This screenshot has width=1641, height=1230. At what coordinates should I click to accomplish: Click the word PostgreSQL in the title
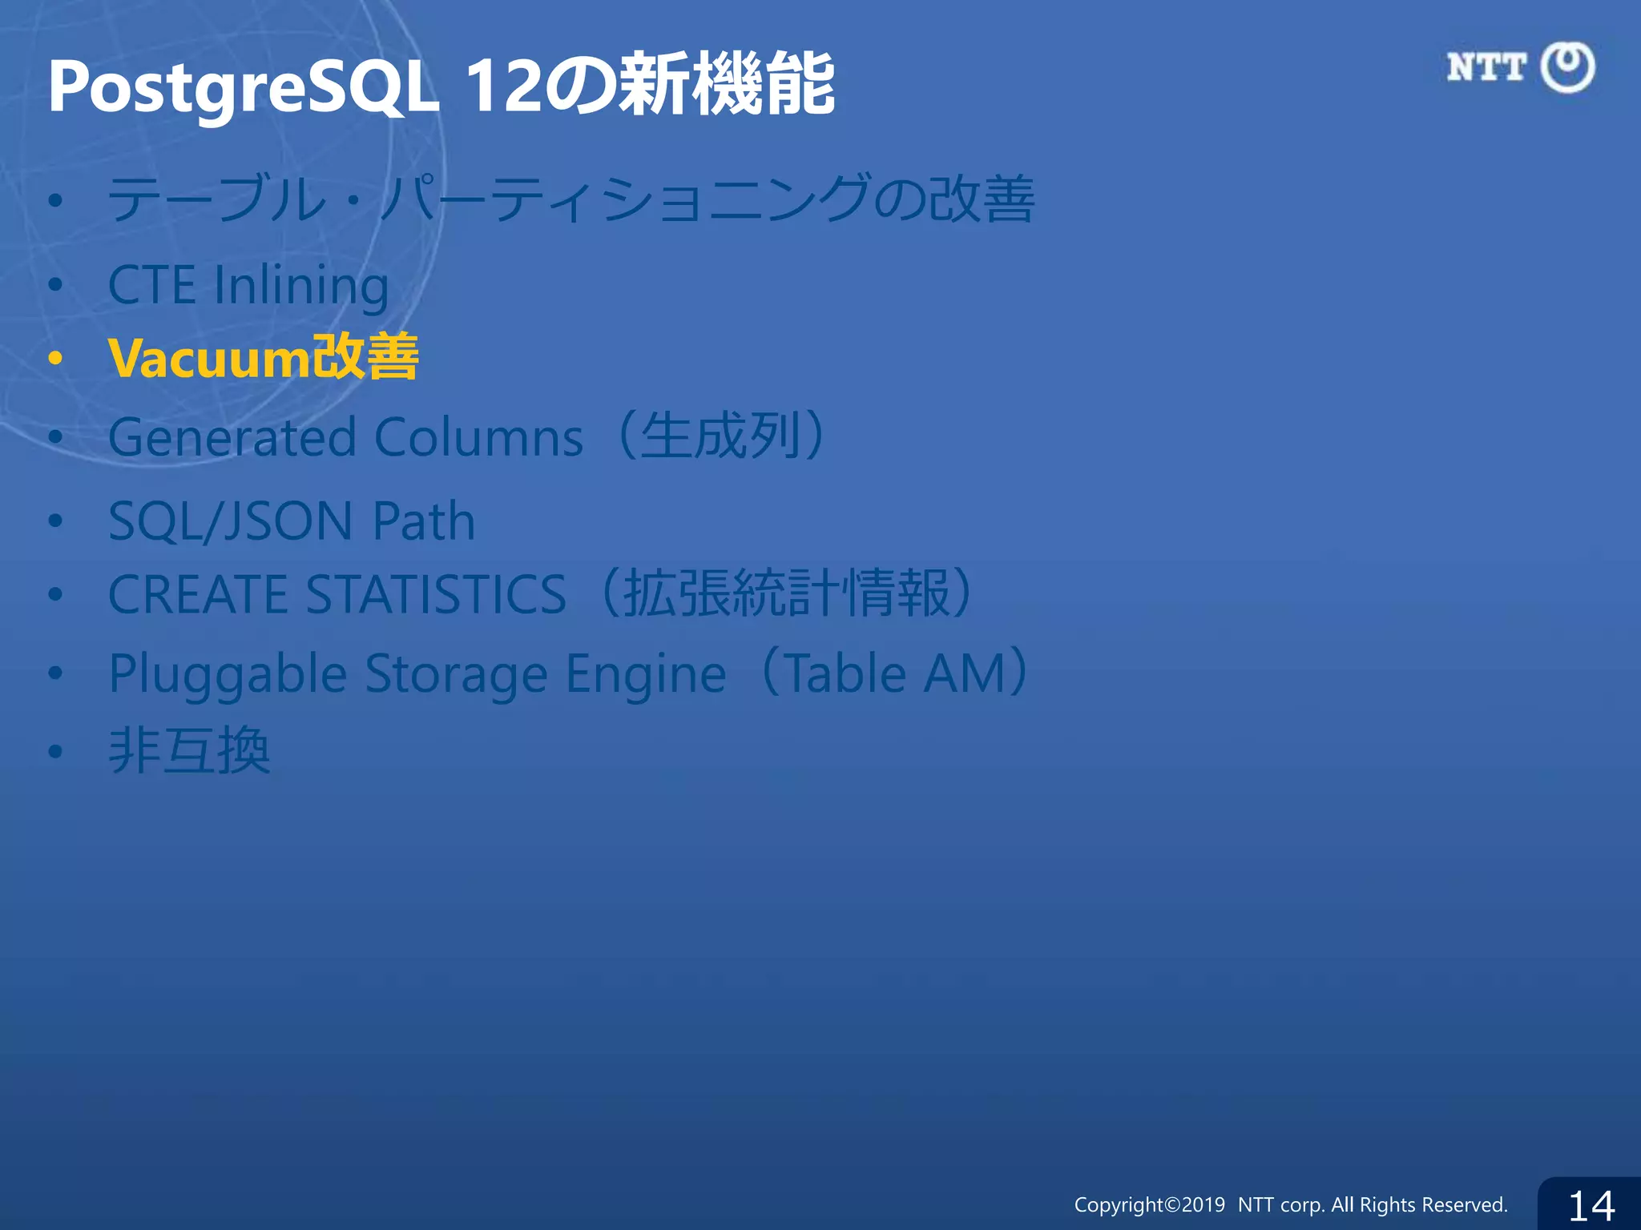(x=243, y=86)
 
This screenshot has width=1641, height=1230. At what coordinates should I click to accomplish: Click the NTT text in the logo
(x=1486, y=67)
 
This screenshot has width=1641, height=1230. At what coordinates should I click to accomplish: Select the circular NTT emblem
(x=1567, y=67)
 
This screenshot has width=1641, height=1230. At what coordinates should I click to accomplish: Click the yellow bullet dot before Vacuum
(x=54, y=358)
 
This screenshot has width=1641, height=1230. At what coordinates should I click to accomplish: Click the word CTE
(x=151, y=285)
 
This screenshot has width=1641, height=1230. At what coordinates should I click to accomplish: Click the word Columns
(x=478, y=438)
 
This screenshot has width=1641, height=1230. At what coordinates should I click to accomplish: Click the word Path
(x=424, y=521)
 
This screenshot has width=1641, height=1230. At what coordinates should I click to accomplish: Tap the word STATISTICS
(x=437, y=595)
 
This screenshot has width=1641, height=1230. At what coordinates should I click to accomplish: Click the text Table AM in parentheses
(x=896, y=673)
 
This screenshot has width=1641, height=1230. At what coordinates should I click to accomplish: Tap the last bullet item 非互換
(x=190, y=751)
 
